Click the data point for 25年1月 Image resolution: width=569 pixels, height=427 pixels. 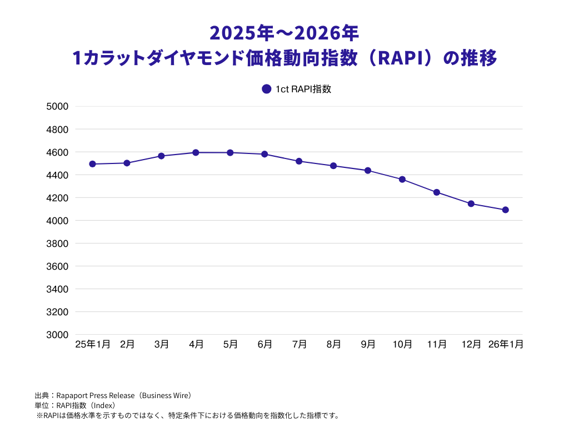[x=92, y=164]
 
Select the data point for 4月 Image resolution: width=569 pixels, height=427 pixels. [x=196, y=152]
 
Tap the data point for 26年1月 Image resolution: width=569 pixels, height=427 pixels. [x=506, y=210]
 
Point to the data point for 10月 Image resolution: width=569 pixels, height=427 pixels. [x=402, y=179]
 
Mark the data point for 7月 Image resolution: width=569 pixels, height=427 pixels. [x=299, y=161]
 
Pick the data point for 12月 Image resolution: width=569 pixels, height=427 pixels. [x=471, y=203]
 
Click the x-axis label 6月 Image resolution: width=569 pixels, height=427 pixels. [x=265, y=345]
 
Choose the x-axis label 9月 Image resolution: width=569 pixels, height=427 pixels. [x=368, y=345]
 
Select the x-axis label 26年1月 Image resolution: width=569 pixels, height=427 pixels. [x=506, y=345]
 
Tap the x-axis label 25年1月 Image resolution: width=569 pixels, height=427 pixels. [x=93, y=345]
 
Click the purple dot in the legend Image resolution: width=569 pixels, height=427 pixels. [x=266, y=89]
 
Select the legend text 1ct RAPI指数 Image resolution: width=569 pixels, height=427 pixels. [x=303, y=89]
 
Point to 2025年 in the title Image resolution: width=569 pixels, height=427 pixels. [x=240, y=33]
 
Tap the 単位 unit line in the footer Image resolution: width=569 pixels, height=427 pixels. [x=75, y=405]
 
